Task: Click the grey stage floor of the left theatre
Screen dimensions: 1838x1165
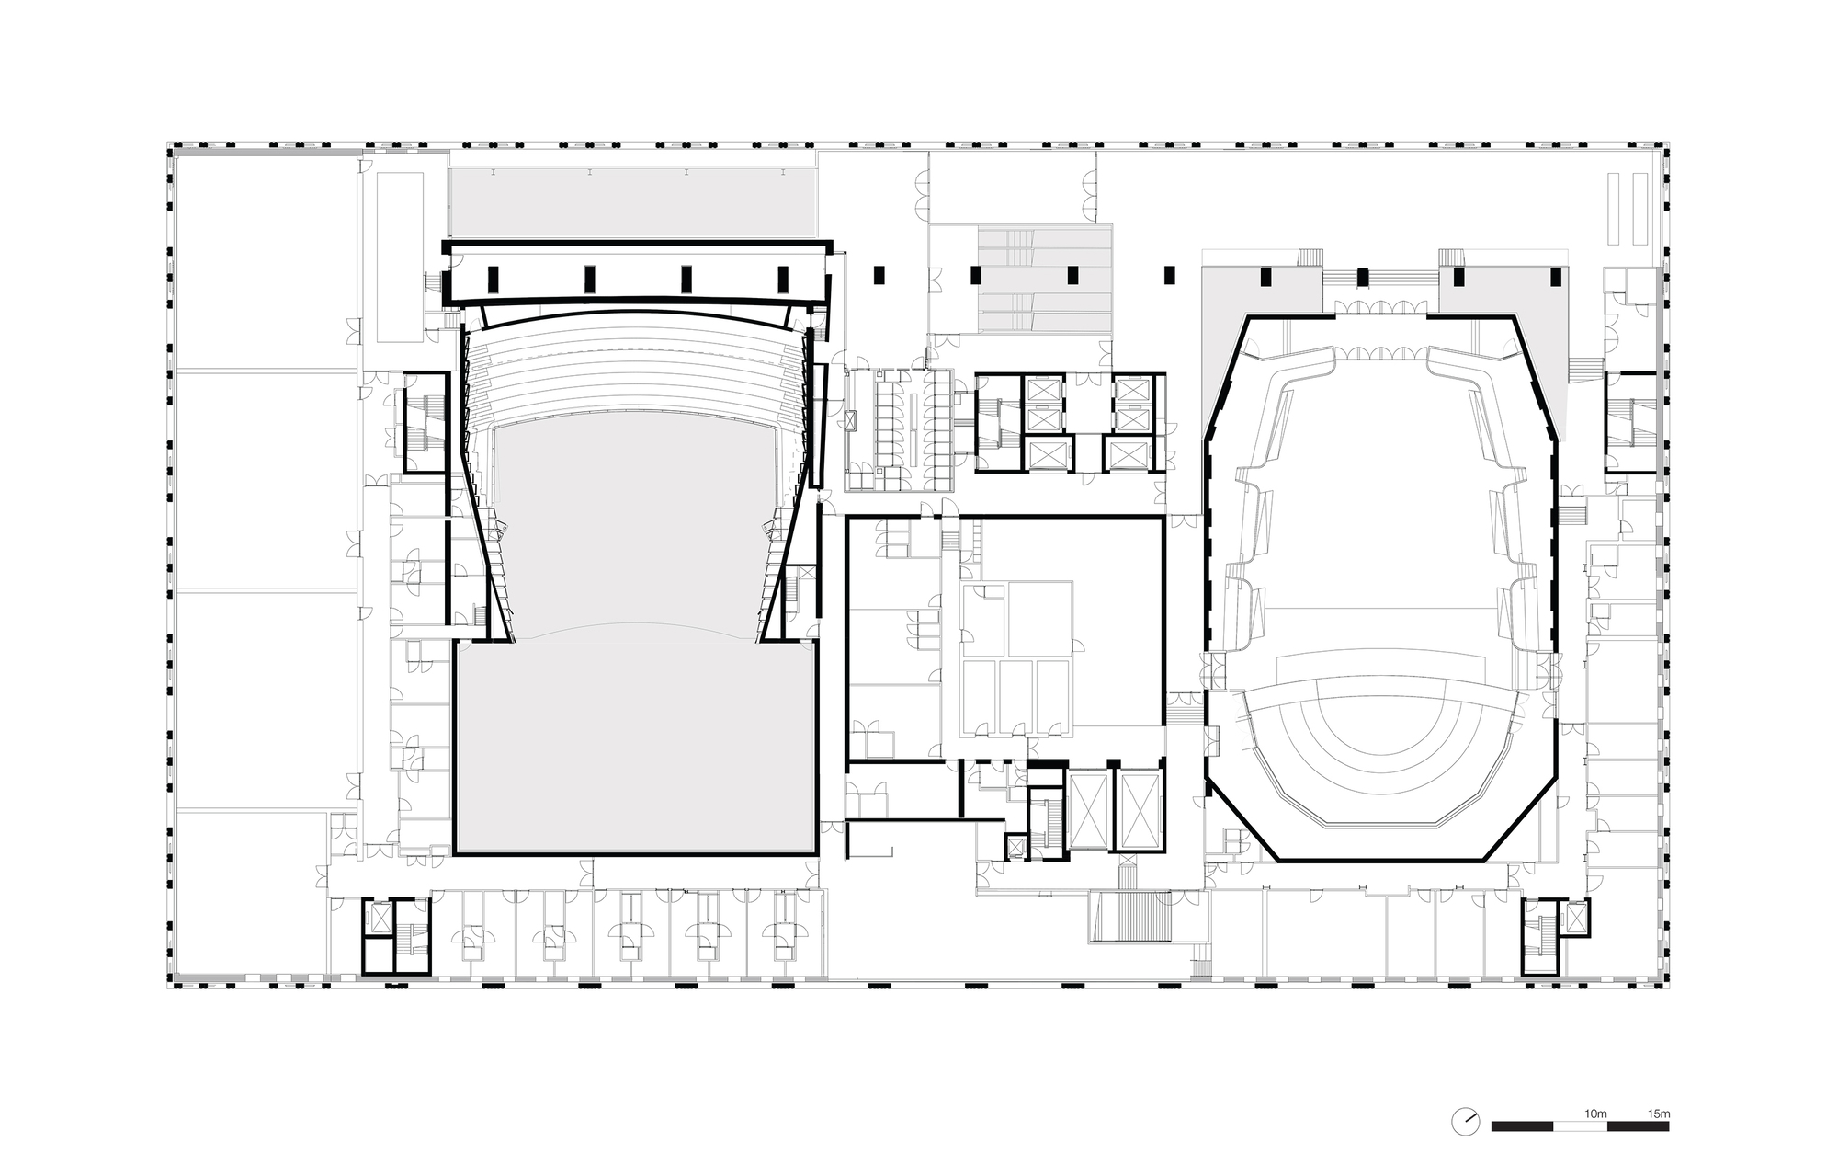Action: point(634,745)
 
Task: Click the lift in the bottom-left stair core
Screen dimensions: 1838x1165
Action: point(379,917)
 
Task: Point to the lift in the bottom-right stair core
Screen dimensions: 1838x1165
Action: point(1576,917)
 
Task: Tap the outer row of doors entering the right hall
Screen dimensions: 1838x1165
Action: point(1379,308)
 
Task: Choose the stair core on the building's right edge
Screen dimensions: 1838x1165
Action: point(1629,423)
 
